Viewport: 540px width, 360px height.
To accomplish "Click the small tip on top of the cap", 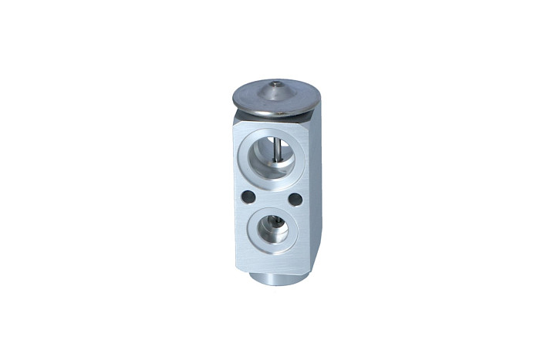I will [x=275, y=81].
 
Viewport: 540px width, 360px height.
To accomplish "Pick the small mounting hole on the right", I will [x=295, y=199].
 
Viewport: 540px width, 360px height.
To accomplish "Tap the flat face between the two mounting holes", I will [x=271, y=197].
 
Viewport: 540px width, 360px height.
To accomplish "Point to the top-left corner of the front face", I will [x=232, y=124].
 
